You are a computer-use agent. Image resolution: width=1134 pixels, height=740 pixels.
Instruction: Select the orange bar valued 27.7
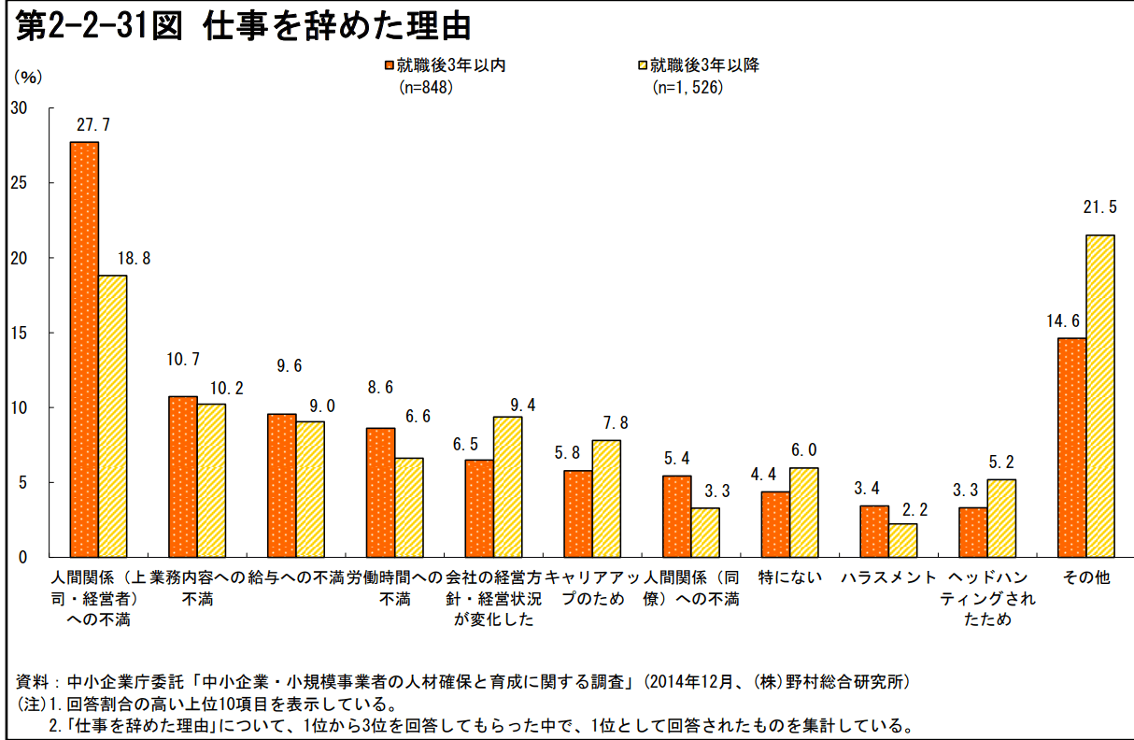point(84,349)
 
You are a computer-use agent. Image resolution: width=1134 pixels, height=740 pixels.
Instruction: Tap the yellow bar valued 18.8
point(112,416)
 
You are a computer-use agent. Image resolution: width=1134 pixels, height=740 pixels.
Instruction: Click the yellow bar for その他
point(1099,396)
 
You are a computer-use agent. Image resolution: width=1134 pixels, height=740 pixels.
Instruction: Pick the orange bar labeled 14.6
point(1071,448)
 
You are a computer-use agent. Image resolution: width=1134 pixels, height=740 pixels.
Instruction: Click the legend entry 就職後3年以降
point(704,65)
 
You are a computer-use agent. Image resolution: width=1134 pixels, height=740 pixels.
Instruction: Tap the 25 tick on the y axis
point(19,183)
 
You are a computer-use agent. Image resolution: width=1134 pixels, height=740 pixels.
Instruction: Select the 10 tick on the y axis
point(19,407)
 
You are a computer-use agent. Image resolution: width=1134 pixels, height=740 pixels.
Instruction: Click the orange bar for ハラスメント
point(874,531)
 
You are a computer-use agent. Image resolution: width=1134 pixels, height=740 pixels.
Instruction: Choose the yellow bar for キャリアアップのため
point(606,498)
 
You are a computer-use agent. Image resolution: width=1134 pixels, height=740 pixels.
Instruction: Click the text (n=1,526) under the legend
point(687,88)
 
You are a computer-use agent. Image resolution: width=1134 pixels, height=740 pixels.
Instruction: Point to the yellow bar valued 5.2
point(1001,518)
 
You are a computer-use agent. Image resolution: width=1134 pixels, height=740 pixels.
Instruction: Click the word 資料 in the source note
point(33,681)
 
